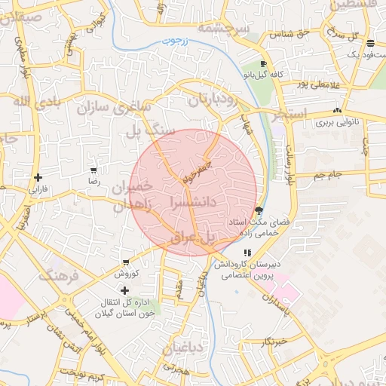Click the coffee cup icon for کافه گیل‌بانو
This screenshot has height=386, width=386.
(x=263, y=64)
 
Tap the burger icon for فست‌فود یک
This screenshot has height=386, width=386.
(x=369, y=43)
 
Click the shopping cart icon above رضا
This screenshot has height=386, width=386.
(x=93, y=171)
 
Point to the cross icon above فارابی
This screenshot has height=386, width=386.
(x=38, y=178)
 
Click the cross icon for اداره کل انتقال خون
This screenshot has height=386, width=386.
(x=125, y=289)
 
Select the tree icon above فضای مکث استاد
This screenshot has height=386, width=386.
(x=259, y=210)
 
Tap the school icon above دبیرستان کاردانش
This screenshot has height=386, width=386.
(x=247, y=253)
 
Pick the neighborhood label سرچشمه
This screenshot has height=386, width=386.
(x=223, y=28)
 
